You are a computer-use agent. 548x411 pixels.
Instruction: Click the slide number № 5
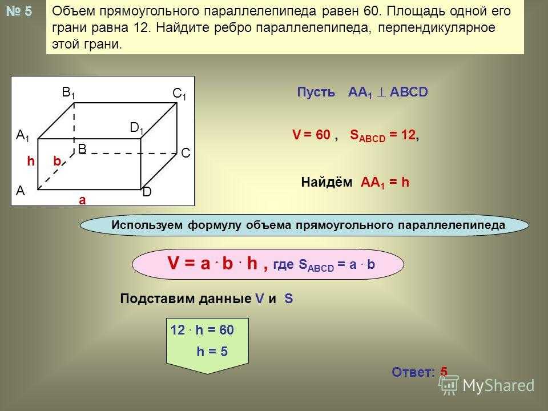click(19, 11)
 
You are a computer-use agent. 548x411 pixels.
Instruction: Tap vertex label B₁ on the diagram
click(68, 92)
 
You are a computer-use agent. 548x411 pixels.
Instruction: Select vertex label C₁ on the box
click(179, 94)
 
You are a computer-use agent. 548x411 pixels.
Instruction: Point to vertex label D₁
click(136, 128)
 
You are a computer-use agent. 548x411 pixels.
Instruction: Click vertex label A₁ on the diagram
click(23, 135)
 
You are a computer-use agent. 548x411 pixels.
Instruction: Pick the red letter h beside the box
click(31, 161)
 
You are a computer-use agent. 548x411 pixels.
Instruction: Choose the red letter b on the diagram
click(57, 161)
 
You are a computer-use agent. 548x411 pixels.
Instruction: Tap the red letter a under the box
click(82, 200)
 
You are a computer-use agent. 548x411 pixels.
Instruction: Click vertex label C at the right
click(186, 153)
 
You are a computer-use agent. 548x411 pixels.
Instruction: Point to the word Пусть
click(316, 92)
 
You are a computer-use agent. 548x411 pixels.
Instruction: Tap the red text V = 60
click(311, 135)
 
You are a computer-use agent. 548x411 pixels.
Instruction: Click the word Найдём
click(327, 182)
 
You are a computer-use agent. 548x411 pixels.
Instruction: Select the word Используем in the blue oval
click(147, 225)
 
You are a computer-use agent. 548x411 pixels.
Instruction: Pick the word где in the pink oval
click(284, 264)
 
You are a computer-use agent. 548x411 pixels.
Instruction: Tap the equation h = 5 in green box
click(212, 352)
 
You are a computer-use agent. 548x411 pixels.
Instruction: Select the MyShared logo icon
click(449, 384)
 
